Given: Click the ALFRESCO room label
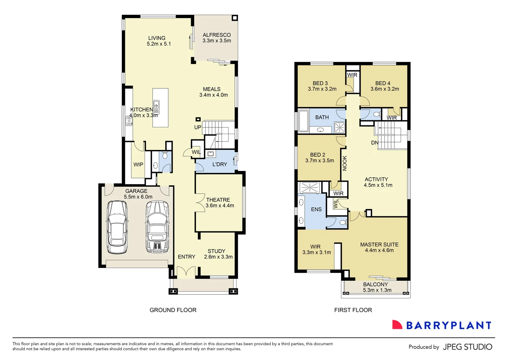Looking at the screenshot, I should (217, 35).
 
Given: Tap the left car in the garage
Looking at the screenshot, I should (117, 228).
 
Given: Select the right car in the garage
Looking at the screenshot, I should (157, 227).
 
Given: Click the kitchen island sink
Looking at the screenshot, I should (156, 107).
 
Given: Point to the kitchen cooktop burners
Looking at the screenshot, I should (129, 121).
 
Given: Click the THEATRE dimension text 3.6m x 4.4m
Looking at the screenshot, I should (220, 206).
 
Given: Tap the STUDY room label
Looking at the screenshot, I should (217, 251).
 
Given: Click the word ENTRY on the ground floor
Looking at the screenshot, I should (187, 257).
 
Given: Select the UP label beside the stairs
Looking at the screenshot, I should (198, 127).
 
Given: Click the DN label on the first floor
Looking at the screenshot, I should (375, 143).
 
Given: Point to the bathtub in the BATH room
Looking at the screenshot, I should (303, 121).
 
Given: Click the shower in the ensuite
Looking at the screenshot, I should (310, 187).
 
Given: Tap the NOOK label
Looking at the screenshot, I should (345, 163).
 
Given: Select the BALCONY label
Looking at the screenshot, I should (375, 284).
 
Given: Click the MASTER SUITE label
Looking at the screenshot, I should (379, 244).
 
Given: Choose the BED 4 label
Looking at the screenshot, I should (383, 83).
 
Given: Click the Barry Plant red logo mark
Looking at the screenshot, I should (397, 325).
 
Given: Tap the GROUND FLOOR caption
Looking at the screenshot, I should (173, 310).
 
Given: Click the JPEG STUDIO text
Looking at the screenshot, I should (467, 347).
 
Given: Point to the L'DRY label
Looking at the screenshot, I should (220, 164).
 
